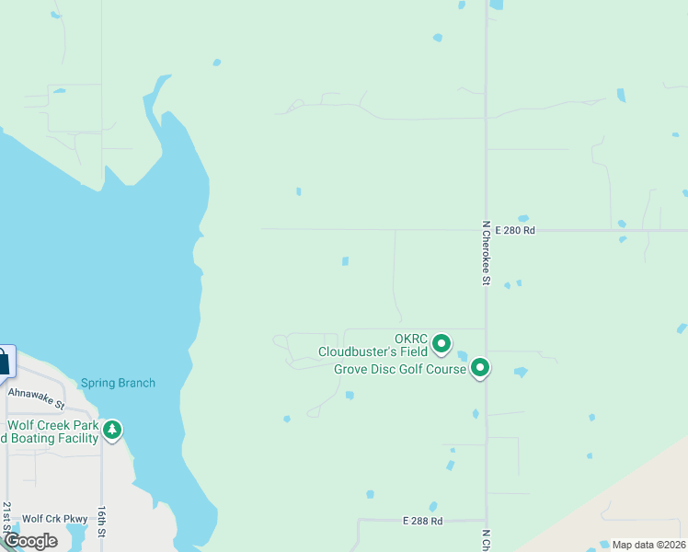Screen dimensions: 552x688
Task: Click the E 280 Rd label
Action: pos(514,230)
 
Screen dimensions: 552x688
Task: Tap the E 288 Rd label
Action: pos(422,521)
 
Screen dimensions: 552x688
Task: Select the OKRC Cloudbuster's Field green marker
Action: pos(441,344)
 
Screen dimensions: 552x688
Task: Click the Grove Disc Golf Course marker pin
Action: pos(480,368)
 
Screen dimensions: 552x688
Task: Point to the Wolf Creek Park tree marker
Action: pos(112,430)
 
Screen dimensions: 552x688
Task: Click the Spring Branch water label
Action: pos(118,383)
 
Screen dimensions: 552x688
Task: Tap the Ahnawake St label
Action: pos(36,397)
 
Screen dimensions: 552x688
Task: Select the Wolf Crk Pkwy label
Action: pos(46,519)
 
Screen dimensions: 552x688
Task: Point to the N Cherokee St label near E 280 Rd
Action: pos(485,252)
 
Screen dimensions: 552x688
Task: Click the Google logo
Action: pos(30,541)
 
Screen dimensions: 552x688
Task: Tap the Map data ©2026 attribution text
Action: pos(648,545)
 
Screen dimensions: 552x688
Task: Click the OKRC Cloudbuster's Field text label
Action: pos(373,345)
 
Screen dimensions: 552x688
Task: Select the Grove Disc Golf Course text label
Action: pos(399,370)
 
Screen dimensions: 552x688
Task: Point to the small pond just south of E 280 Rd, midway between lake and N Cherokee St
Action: pos(345,261)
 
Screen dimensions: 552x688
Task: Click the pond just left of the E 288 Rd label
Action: pos(370,494)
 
